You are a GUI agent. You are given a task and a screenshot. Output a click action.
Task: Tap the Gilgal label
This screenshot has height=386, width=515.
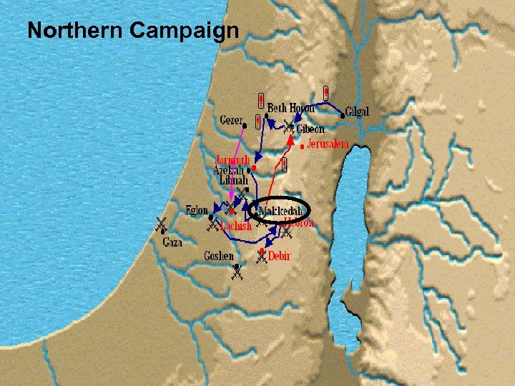tap(357, 112)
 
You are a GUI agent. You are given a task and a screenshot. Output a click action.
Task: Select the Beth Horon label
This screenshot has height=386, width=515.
tap(291, 108)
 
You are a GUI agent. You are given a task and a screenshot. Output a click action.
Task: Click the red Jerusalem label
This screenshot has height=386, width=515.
tap(328, 144)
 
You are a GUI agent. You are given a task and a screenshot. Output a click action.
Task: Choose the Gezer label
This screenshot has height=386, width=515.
tap(230, 120)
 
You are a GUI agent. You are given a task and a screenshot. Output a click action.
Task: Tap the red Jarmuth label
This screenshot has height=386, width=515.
tap(232, 159)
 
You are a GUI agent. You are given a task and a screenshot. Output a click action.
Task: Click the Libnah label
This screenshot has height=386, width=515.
tap(233, 182)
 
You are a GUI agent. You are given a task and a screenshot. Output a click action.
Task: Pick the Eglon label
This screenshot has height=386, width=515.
tap(196, 211)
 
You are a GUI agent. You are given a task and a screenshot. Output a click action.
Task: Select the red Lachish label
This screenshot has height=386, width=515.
tap(236, 226)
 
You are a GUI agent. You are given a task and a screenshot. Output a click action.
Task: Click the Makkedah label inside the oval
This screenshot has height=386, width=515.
tap(282, 212)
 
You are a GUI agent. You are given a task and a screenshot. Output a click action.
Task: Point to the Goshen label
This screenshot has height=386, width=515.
tap(218, 256)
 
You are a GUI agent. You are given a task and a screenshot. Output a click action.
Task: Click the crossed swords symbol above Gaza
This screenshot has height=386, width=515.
tap(162, 224)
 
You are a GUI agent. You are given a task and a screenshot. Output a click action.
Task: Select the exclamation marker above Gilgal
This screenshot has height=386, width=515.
tap(326, 93)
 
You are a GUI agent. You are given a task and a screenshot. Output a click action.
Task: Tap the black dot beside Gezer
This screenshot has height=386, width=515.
tap(248, 121)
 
